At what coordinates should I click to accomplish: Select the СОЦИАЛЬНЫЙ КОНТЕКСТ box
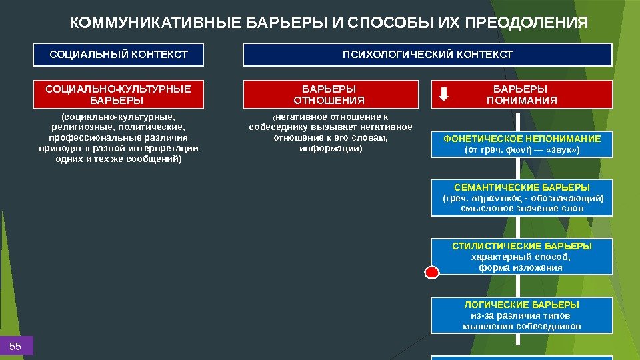click(119, 54)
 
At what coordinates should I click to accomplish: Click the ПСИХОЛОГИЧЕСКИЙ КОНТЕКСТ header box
click(427, 54)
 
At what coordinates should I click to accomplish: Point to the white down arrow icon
click(444, 95)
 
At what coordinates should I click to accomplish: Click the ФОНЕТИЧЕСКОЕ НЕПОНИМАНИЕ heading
click(522, 139)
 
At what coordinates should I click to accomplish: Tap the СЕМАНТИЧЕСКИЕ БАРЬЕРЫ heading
click(522, 187)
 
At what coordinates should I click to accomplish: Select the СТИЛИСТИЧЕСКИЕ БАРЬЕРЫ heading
click(522, 246)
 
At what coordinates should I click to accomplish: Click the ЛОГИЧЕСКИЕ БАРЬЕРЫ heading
click(522, 305)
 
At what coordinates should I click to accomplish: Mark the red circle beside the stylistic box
click(432, 272)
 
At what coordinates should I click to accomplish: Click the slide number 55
click(15, 346)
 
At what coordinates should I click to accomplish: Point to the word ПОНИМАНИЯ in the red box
click(522, 101)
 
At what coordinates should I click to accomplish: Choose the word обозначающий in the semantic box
click(571, 198)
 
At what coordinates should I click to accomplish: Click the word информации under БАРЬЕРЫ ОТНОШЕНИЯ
click(329, 149)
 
